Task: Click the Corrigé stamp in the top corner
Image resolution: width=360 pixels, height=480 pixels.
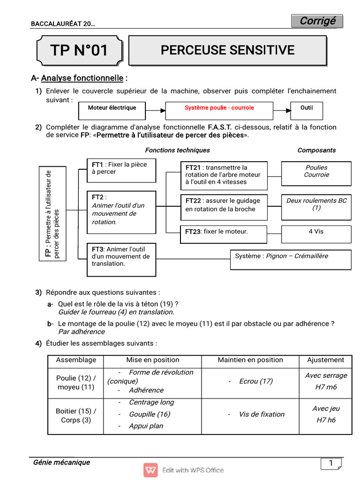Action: [x=317, y=21]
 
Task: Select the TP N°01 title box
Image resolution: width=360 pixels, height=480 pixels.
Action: [x=79, y=51]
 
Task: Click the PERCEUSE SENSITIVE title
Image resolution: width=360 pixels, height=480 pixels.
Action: [x=227, y=50]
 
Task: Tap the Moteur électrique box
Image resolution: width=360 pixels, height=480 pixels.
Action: [x=112, y=108]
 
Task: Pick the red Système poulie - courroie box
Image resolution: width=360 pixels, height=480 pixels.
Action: [x=219, y=108]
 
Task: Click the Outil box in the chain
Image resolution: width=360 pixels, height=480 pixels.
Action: [x=307, y=108]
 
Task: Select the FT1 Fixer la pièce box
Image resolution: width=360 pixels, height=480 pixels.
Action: [x=121, y=170]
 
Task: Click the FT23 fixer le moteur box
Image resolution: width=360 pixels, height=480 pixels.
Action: [x=224, y=232]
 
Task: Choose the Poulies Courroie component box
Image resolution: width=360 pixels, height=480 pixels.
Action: [x=316, y=173]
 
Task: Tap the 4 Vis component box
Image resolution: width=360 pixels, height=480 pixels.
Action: [x=316, y=232]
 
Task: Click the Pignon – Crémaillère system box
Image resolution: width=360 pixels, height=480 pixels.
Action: [x=290, y=259]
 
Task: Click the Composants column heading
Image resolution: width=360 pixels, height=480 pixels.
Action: [x=316, y=150]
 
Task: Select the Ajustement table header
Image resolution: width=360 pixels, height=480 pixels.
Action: [x=325, y=360]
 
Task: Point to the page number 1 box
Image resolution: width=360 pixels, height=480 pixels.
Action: [x=330, y=464]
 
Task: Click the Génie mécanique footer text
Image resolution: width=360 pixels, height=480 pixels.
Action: [x=61, y=463]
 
